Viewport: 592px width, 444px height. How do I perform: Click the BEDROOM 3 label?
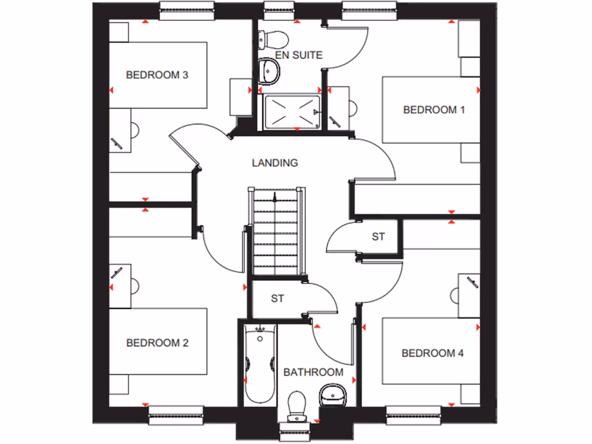(x=158, y=75)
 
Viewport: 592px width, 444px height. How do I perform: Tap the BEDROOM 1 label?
(x=434, y=109)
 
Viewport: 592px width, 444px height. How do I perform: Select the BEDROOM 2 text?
(x=158, y=343)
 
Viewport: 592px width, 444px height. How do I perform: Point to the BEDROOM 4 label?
(x=432, y=353)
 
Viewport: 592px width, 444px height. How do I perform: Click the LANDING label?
(x=275, y=162)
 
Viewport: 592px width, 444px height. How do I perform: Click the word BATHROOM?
(x=313, y=372)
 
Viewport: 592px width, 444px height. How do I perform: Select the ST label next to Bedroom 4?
(x=378, y=236)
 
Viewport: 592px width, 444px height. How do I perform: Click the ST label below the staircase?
(x=277, y=298)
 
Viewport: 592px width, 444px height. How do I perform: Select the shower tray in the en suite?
(x=292, y=111)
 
